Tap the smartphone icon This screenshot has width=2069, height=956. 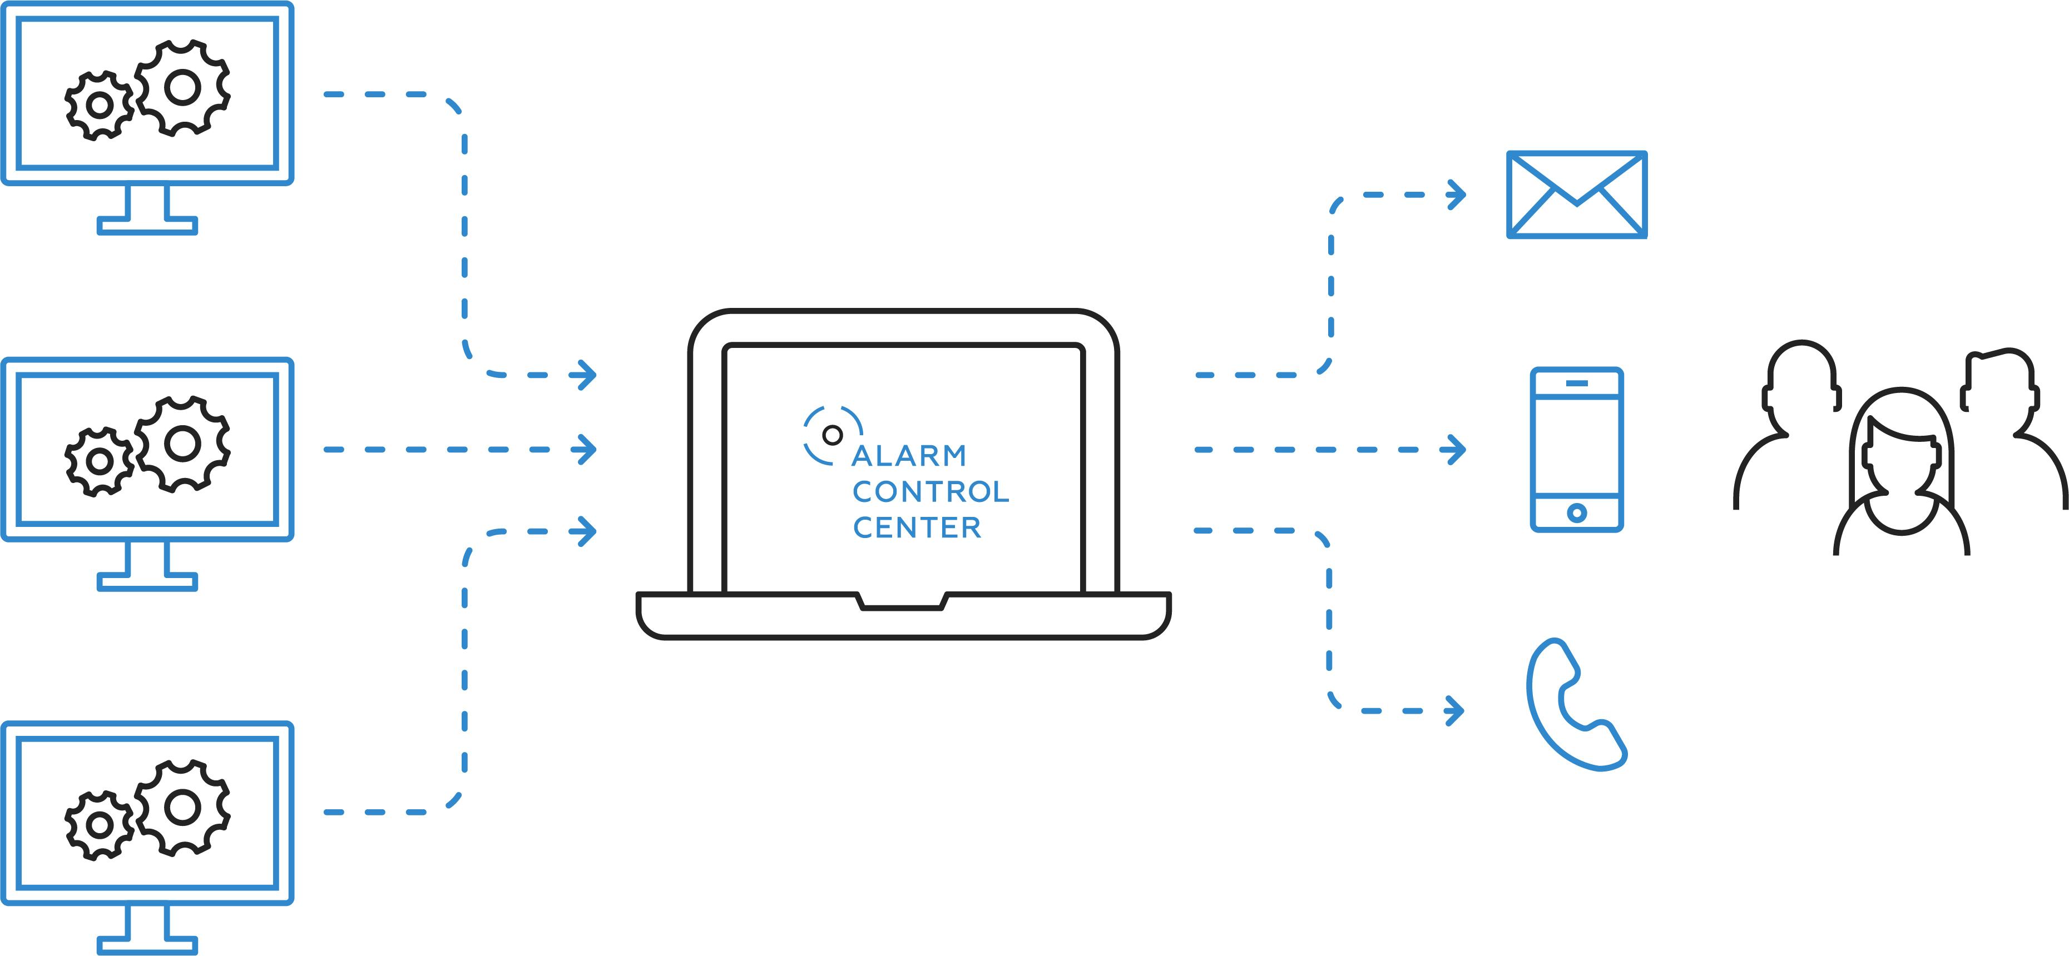click(1577, 450)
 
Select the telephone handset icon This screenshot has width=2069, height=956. click(1574, 705)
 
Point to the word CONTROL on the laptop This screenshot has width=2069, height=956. click(930, 491)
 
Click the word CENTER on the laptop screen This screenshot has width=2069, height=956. click(917, 527)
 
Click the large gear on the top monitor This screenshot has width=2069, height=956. click(182, 87)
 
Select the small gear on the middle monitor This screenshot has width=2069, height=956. click(99, 461)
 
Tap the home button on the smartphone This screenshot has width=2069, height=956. click(1577, 512)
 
